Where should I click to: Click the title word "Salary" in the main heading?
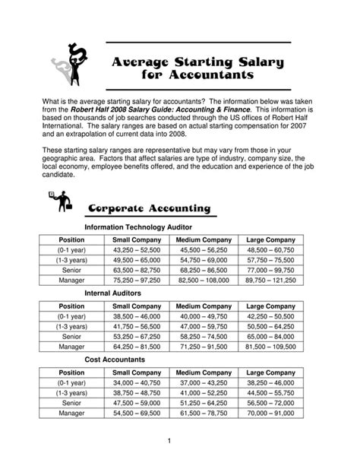pyautogui.click(x=232, y=62)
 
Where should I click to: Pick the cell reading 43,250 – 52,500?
pyautogui.click(x=136, y=249)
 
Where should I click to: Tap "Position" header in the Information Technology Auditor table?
pyautogui.click(x=71, y=239)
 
